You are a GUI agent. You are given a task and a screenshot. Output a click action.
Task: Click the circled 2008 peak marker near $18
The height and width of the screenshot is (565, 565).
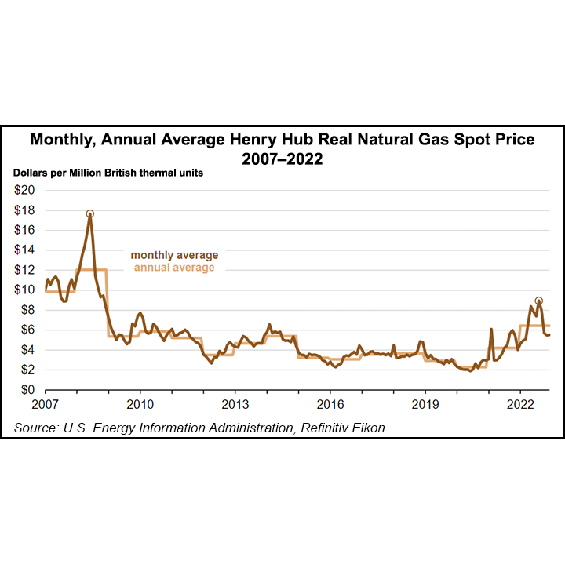click(x=90, y=213)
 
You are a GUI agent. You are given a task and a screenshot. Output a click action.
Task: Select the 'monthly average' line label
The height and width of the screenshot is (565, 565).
click(x=174, y=255)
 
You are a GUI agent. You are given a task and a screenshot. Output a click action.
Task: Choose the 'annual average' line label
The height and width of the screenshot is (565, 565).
click(x=174, y=268)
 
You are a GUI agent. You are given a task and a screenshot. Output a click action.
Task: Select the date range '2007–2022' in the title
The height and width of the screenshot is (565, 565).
click(x=282, y=158)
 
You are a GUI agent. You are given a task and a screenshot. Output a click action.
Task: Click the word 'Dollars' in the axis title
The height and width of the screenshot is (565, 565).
click(x=32, y=173)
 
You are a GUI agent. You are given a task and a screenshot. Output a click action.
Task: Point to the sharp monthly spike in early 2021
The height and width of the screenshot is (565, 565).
click(x=491, y=330)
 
